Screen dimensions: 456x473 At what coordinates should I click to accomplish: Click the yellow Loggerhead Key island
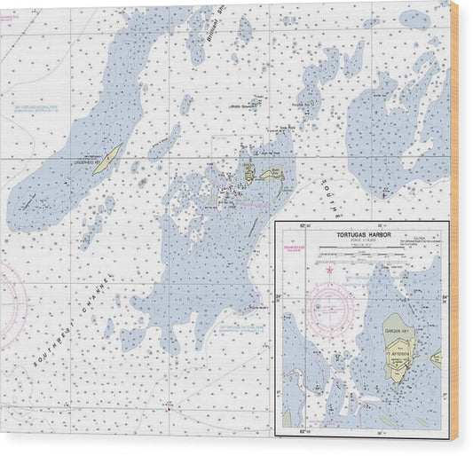pos(108,160)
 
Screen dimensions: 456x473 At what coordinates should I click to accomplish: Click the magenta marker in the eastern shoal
pos(382,193)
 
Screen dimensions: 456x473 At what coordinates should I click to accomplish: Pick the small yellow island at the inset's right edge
pos(437,357)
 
